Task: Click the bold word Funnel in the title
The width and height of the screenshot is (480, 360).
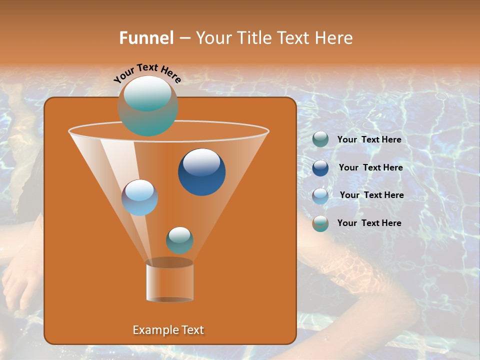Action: tap(146, 38)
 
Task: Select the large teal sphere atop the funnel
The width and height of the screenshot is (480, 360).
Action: tap(148, 106)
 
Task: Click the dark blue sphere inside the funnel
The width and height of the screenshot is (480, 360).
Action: tap(201, 172)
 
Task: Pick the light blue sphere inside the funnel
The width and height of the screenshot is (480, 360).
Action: tap(140, 197)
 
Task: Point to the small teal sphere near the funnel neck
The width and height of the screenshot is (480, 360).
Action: tap(179, 240)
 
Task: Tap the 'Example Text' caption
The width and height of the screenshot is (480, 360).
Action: tap(168, 330)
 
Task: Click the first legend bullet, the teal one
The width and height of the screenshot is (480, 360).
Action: tap(320, 139)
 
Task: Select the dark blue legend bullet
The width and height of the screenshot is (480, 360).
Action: tap(320, 167)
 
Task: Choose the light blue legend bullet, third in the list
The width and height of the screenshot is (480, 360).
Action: tap(320, 195)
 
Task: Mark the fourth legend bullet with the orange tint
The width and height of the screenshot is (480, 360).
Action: tap(320, 223)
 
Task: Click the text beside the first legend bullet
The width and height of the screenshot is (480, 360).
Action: tap(369, 140)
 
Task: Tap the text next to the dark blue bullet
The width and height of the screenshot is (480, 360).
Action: tap(370, 168)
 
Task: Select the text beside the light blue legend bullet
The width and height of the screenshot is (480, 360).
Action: tap(371, 195)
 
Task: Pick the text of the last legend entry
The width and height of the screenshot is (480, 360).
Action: tap(369, 223)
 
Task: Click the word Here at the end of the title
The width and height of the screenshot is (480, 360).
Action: tap(335, 38)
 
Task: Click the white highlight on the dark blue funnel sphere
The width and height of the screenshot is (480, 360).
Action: tap(201, 162)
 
